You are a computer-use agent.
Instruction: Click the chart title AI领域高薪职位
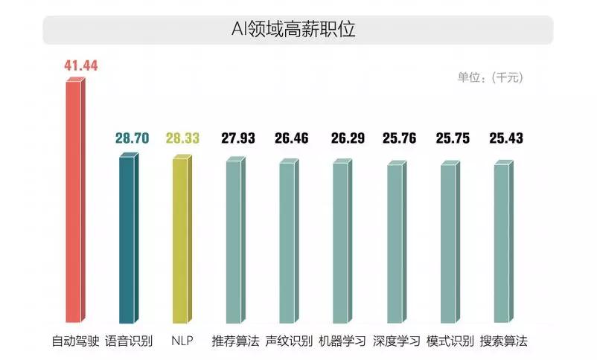(x=297, y=30)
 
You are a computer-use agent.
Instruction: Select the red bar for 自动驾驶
(x=74, y=201)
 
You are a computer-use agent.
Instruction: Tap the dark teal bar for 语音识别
(x=128, y=238)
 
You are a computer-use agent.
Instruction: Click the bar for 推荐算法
(x=234, y=242)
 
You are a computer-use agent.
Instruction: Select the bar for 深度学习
(x=395, y=244)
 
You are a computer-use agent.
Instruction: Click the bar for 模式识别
(x=449, y=244)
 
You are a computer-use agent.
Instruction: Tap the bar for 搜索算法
(x=502, y=244)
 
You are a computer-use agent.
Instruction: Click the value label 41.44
(x=82, y=65)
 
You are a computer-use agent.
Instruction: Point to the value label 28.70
(x=132, y=138)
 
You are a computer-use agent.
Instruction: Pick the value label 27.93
(x=238, y=138)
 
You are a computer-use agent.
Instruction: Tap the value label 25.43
(x=506, y=138)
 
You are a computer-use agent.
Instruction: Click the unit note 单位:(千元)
(x=490, y=77)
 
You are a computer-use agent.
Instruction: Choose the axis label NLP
(x=182, y=341)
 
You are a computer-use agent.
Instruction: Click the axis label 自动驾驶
(x=74, y=341)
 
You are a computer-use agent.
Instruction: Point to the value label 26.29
(x=345, y=138)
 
